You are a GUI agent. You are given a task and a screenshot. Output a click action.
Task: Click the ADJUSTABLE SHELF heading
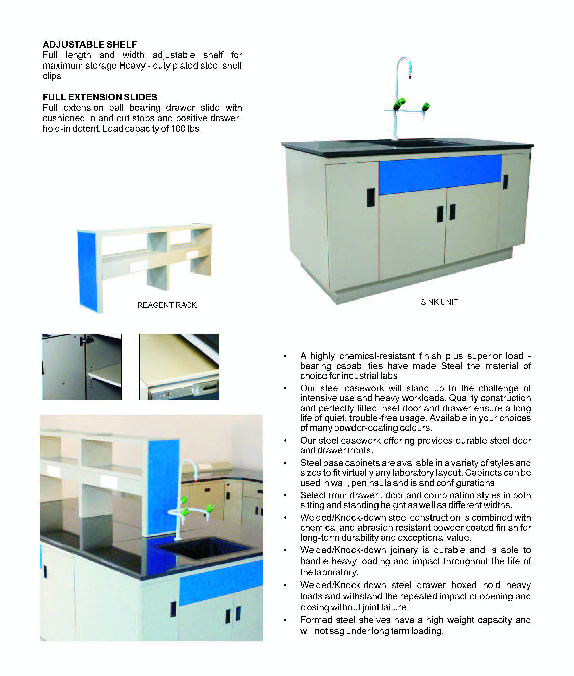tap(90, 44)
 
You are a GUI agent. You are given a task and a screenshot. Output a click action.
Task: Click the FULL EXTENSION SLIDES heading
tap(100, 97)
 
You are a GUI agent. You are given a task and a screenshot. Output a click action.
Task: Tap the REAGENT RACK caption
tap(167, 305)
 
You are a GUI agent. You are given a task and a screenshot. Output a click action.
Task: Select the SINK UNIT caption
tap(439, 302)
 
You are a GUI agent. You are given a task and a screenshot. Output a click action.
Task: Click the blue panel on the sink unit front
tap(440, 175)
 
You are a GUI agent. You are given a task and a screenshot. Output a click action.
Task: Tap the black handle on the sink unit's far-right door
tap(505, 182)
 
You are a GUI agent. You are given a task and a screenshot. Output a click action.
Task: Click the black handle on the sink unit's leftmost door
tap(371, 196)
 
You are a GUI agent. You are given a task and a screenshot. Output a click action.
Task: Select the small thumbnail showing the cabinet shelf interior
tap(82, 367)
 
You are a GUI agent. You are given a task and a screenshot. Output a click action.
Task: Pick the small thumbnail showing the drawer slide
tap(179, 367)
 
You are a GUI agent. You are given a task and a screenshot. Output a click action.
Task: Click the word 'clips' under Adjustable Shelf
tap(52, 76)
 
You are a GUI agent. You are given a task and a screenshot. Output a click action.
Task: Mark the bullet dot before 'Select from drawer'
tap(286, 496)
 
